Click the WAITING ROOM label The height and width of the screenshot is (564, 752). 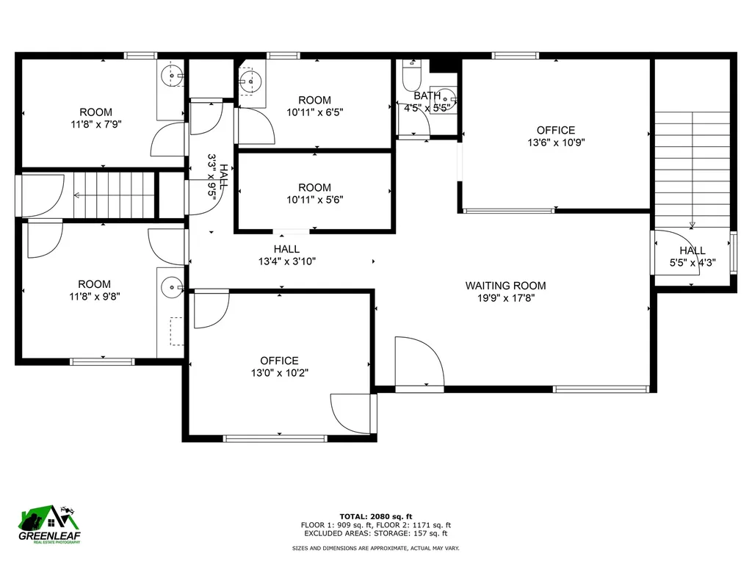point(505,286)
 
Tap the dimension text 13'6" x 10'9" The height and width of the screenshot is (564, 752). point(556,143)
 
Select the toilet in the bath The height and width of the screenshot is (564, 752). point(412,77)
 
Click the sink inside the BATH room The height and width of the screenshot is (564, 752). point(449,98)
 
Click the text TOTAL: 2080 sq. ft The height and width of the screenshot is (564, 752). point(376,516)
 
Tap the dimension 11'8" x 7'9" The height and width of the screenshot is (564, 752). point(95,125)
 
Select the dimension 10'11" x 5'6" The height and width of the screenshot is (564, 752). point(315,200)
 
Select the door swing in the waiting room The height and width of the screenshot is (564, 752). point(419,361)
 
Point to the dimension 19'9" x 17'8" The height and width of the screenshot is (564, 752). point(505,298)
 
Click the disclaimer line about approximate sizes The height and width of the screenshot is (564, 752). point(376,549)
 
